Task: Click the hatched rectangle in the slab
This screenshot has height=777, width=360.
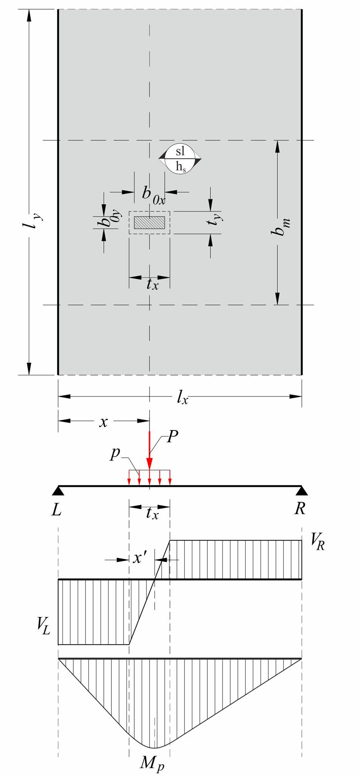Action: (x=149, y=223)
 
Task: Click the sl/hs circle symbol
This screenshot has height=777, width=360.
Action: (x=180, y=159)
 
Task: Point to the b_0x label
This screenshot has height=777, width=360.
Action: (x=153, y=194)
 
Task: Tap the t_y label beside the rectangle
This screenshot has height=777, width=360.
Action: (x=216, y=217)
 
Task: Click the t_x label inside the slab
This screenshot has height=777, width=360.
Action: (x=152, y=284)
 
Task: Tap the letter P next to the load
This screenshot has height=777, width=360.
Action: (x=172, y=437)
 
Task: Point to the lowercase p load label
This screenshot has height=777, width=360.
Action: (x=116, y=455)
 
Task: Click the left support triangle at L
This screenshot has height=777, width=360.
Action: (x=59, y=490)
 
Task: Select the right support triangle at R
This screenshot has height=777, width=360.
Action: (x=301, y=490)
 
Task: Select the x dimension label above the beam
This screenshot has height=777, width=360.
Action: (x=103, y=422)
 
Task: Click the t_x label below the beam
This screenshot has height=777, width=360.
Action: (x=152, y=513)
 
